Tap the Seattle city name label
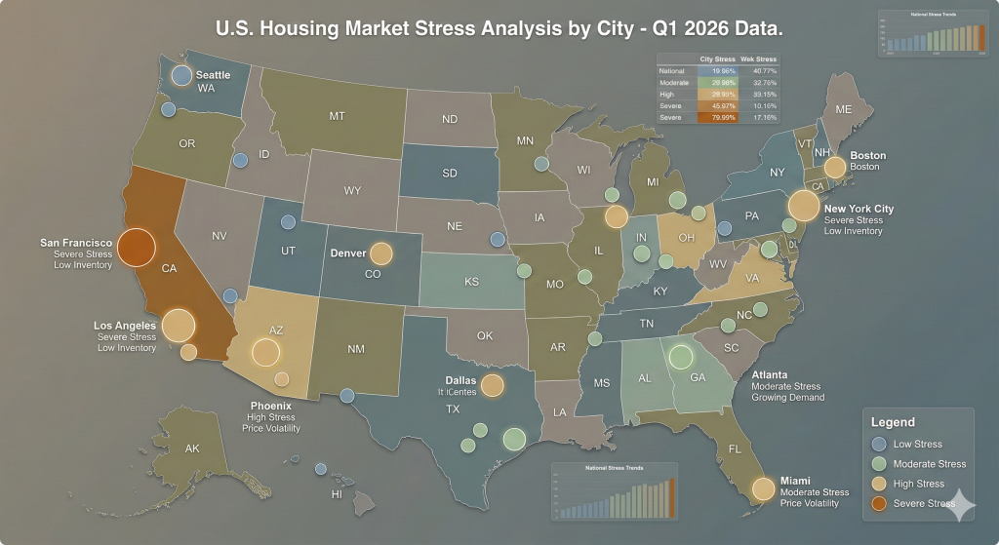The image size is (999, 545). (x=213, y=75)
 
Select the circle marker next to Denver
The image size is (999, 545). (x=380, y=253)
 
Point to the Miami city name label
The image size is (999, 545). (x=795, y=481)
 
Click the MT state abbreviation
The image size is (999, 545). (x=337, y=116)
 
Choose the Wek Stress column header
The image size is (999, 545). (x=759, y=59)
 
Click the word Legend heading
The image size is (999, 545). (x=893, y=422)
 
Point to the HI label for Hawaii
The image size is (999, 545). (x=338, y=493)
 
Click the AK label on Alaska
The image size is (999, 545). (x=191, y=448)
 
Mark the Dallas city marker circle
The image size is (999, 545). (x=492, y=385)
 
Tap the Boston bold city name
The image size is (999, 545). (x=867, y=155)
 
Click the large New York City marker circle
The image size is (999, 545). (x=803, y=206)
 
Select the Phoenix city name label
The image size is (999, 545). (x=270, y=406)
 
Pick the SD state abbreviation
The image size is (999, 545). (x=449, y=174)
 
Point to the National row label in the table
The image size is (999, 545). (x=672, y=71)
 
